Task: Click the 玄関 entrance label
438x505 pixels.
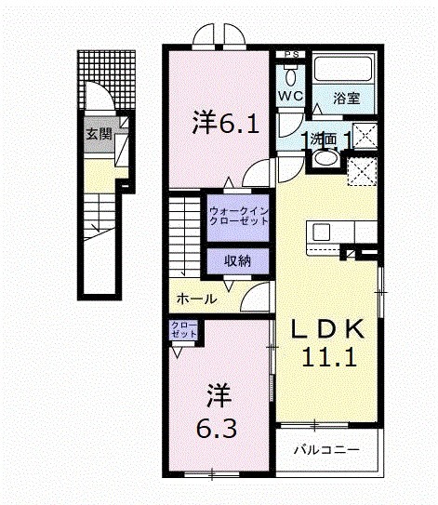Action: pyautogui.click(x=99, y=134)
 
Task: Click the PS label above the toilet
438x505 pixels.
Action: pyautogui.click(x=290, y=53)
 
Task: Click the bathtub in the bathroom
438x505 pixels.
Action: pyautogui.click(x=342, y=69)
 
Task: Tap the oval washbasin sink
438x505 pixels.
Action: pyautogui.click(x=325, y=157)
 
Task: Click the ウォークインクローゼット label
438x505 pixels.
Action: pyautogui.click(x=238, y=217)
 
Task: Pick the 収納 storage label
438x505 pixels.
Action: pyautogui.click(x=237, y=261)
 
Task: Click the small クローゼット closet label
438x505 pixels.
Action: pyautogui.click(x=183, y=329)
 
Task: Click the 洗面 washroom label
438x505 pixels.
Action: pyautogui.click(x=326, y=140)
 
